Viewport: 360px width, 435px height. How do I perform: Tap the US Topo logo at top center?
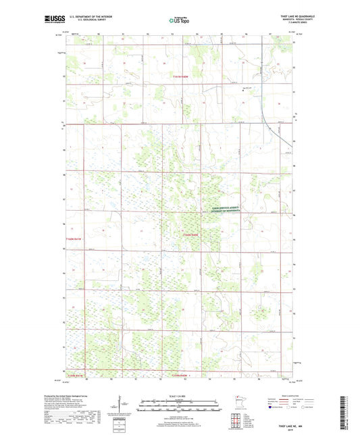pyautogui.click(x=180, y=21)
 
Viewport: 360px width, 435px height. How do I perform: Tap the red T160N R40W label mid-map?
pyautogui.click(x=192, y=234)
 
